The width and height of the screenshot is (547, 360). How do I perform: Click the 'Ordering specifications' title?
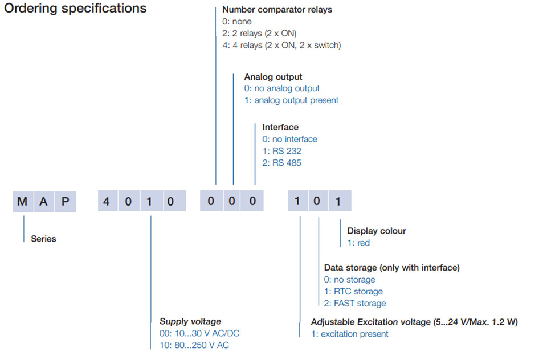[x=75, y=9]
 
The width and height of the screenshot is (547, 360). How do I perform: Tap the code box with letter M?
[x=23, y=202]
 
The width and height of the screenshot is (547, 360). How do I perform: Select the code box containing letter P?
[x=65, y=202]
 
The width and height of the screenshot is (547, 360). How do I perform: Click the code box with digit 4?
[x=108, y=201]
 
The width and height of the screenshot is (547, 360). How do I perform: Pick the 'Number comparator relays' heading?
[x=277, y=10]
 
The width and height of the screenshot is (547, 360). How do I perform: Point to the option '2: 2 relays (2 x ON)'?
[x=259, y=34]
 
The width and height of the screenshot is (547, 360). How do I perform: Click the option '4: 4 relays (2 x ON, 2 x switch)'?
[x=281, y=46]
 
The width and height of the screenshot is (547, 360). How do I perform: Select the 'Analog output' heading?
[x=273, y=77]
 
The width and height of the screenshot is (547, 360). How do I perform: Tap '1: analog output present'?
[x=291, y=100]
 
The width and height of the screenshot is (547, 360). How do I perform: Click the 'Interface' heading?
[x=280, y=128]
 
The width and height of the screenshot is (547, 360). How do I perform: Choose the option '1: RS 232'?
[x=282, y=151]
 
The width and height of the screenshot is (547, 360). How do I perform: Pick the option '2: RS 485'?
[x=282, y=163]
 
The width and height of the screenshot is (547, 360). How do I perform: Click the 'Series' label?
[x=44, y=239]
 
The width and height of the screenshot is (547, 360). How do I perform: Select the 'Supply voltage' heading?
[x=190, y=321]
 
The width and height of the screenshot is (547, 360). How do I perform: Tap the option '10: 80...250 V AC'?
[x=194, y=345]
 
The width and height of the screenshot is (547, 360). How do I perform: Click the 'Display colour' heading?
[x=377, y=231]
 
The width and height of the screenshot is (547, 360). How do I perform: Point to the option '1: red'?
[x=358, y=243]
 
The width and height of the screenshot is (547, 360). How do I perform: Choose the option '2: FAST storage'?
[x=355, y=304]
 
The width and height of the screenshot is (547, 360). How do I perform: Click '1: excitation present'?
[x=349, y=334]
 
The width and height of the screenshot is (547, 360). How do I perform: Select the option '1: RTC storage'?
[x=353, y=291]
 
